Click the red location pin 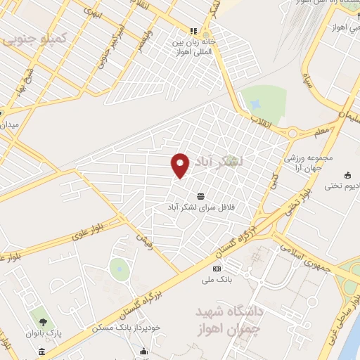pyautogui.click(x=181, y=165)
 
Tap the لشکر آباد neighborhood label pyautogui.click(x=221, y=161)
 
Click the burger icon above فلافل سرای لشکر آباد pyautogui.click(x=202, y=195)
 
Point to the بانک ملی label pyautogui.click(x=217, y=280)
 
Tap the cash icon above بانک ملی pyautogui.click(x=217, y=269)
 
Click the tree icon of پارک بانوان pyautogui.click(x=53, y=321)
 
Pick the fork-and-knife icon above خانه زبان pyautogui.click(x=193, y=30)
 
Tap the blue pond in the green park pyautogui.click(x=120, y=267)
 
